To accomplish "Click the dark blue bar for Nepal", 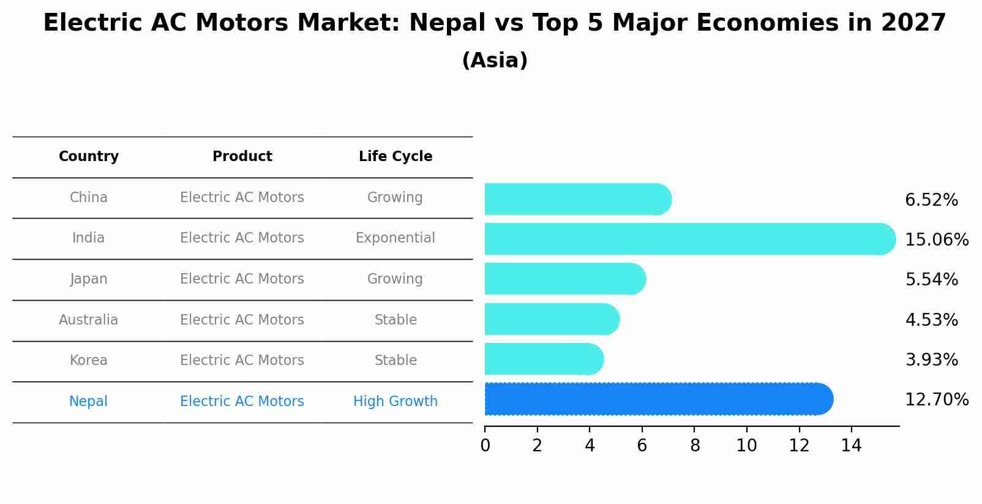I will tap(658, 399).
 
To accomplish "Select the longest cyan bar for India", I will tap(689, 239).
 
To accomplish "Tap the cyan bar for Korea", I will tap(544, 359).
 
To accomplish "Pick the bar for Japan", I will tap(564, 279).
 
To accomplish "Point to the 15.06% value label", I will tap(936, 239).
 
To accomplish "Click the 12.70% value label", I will tap(936, 400).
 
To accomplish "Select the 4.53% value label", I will tap(931, 320).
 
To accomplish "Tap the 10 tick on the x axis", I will tap(746, 446).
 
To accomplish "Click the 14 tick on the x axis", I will tap(851, 446).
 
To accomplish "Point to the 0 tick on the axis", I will tap(485, 446).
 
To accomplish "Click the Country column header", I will tap(89, 157).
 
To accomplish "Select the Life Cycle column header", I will tap(395, 157).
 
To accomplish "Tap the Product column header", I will tap(242, 157).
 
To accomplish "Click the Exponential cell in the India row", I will tap(395, 238).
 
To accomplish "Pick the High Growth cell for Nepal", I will tap(395, 402).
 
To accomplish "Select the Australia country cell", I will tap(89, 320).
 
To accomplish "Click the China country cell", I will tap(89, 198).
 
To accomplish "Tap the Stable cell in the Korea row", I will tap(395, 361).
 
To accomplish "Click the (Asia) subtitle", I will tap(495, 61).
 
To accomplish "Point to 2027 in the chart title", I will tap(913, 23).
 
